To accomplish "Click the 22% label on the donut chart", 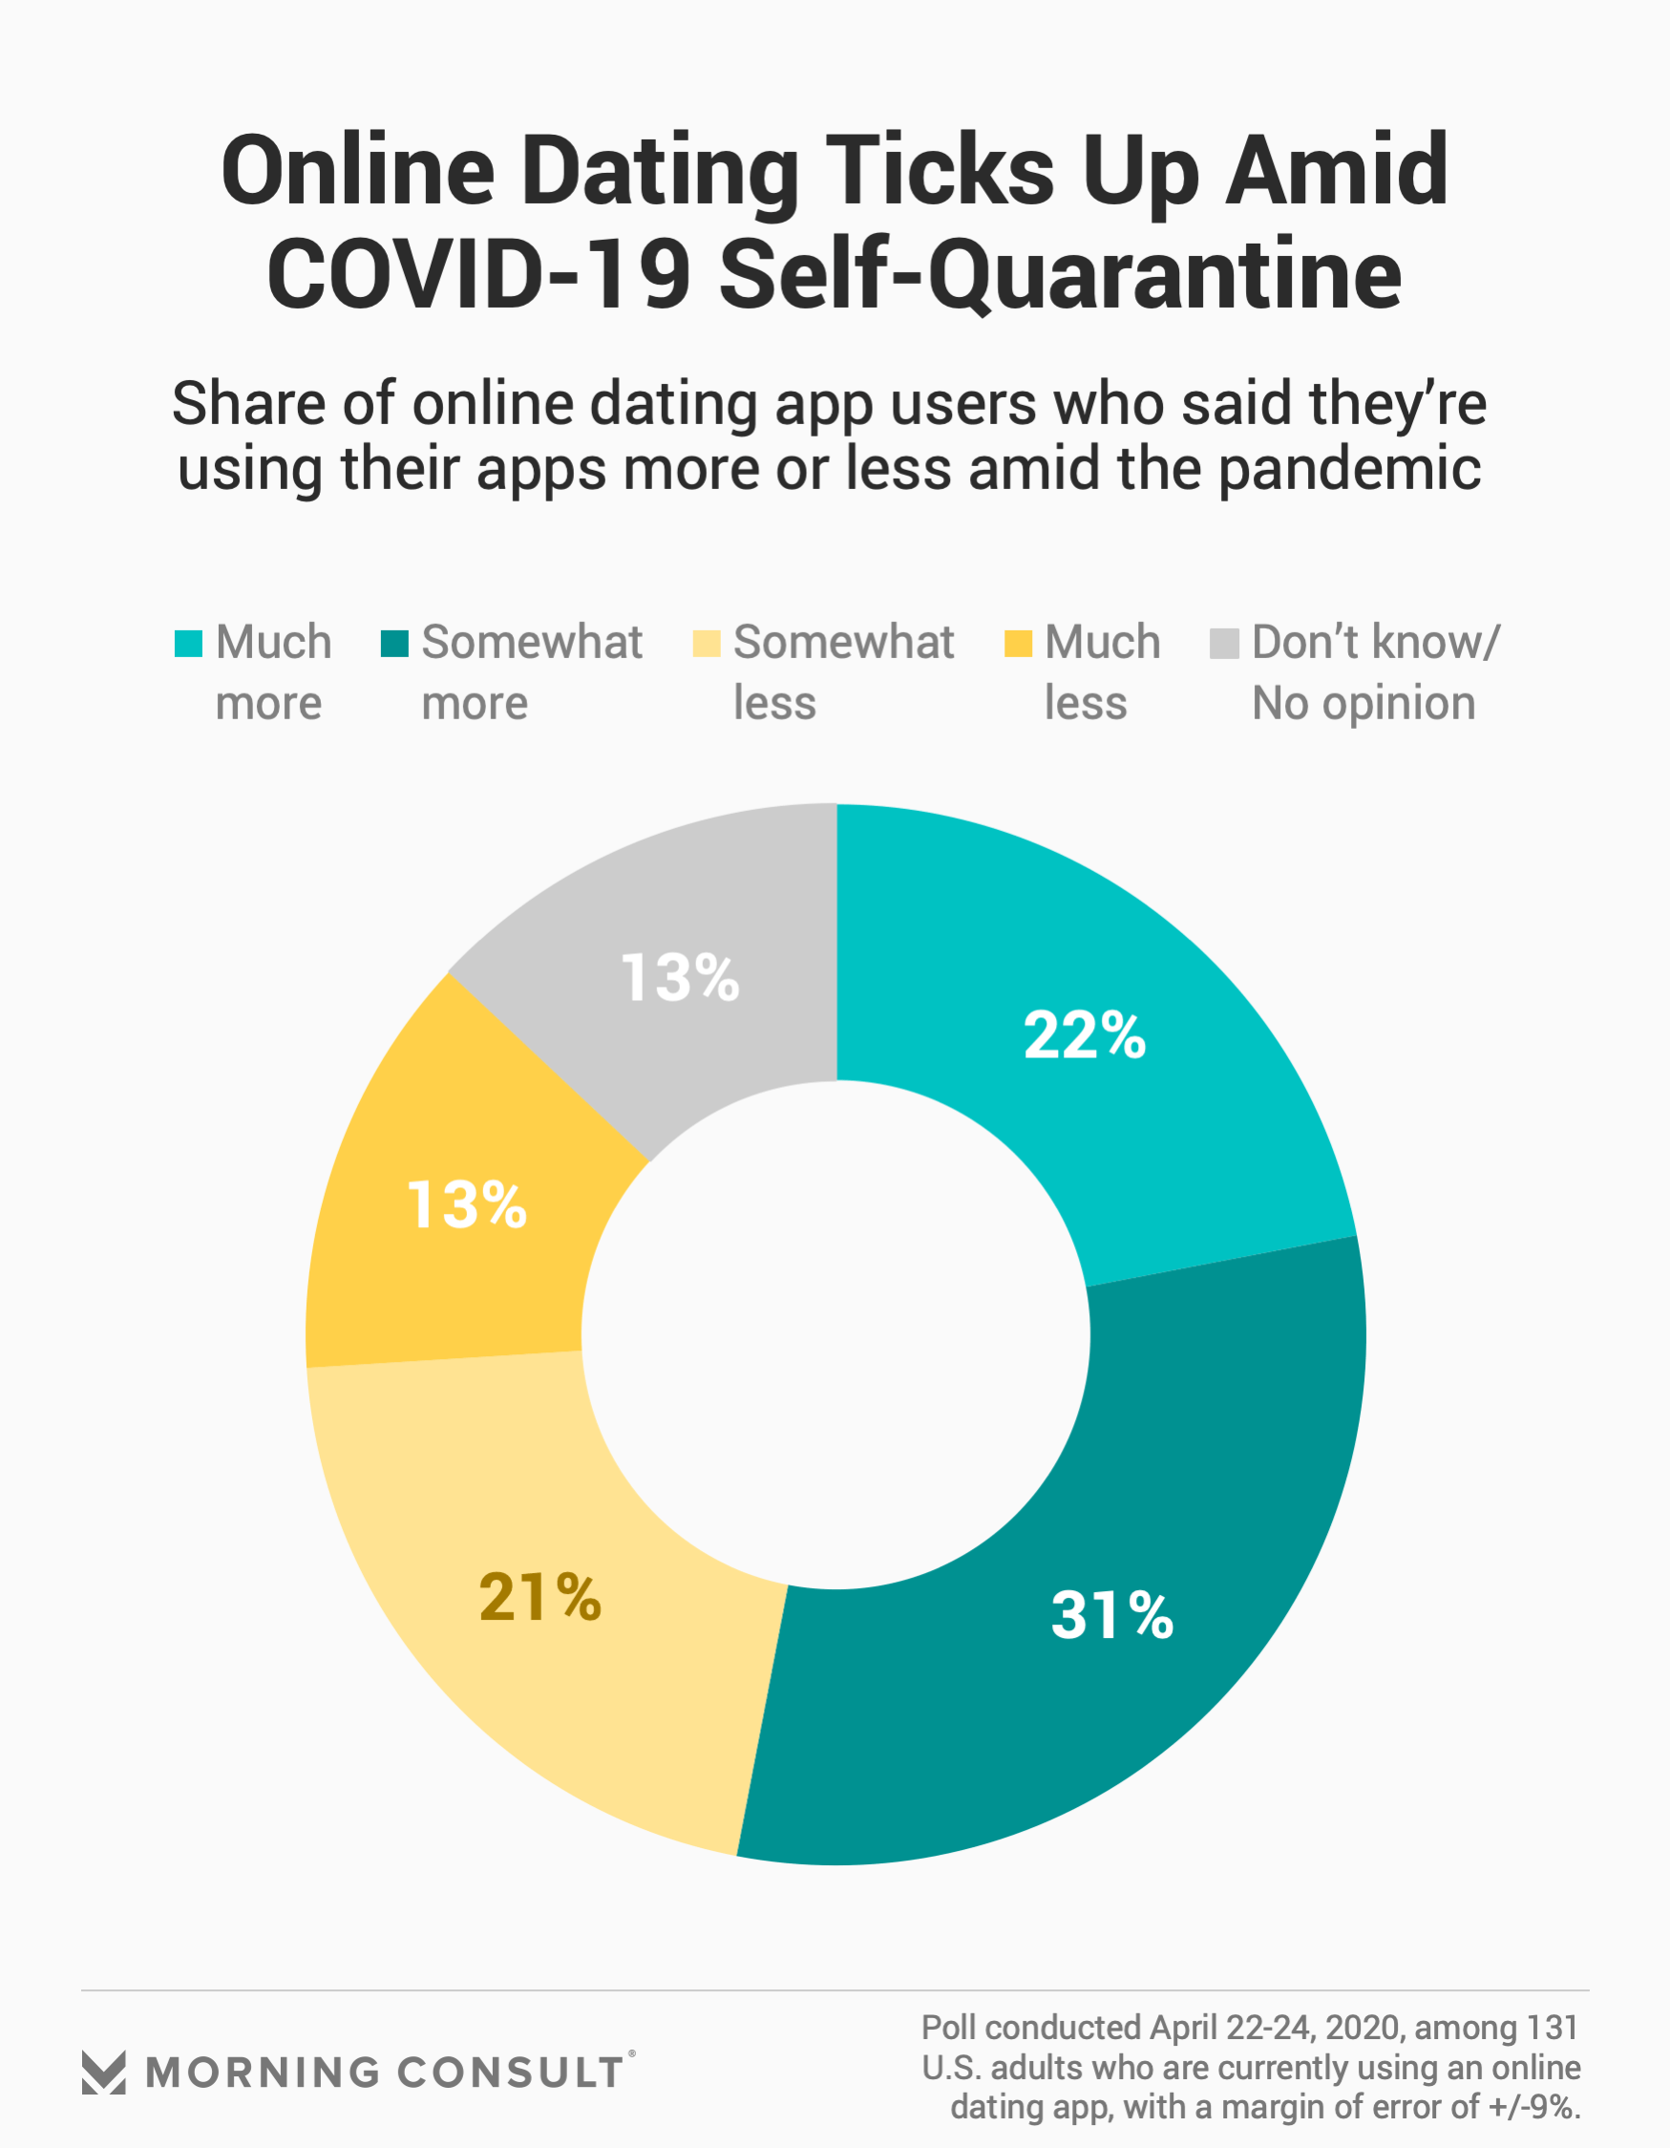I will point(1085,1035).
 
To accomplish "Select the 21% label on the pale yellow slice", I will point(539,1596).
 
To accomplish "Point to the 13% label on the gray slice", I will point(681,979).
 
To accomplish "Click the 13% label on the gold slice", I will point(467,1204).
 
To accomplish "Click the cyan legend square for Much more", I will point(189,643).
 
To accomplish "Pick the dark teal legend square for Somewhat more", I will point(394,643).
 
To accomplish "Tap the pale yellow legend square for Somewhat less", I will point(707,643).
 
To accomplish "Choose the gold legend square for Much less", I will point(1018,643).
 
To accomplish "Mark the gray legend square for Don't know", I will point(1223,643).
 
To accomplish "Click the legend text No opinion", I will point(1363,704).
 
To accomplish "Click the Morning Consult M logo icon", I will point(103,2073).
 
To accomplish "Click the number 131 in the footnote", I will point(1552,2028).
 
